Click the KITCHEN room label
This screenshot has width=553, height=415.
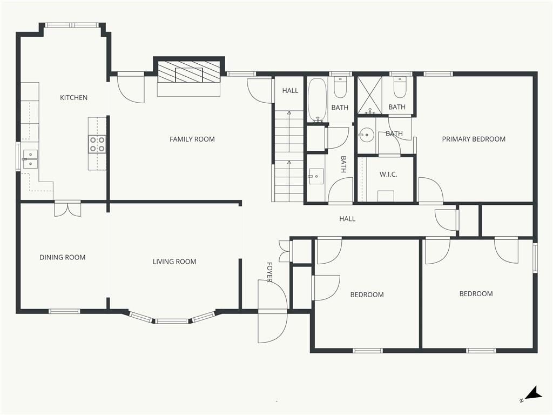[73, 98]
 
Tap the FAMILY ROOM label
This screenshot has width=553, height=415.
[192, 139]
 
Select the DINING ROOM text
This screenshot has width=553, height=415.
[63, 257]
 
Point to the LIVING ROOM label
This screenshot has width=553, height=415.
[174, 262]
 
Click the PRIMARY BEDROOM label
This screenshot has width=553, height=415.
[474, 139]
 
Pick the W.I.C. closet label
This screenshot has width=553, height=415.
[388, 174]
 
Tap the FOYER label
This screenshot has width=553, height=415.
[269, 272]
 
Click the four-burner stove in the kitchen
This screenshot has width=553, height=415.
[97, 144]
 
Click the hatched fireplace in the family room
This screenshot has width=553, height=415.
[189, 72]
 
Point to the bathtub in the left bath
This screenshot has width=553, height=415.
[316, 100]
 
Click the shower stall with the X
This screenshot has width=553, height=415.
[369, 95]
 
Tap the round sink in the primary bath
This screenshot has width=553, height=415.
[367, 133]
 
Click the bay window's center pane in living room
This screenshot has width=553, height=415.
[172, 321]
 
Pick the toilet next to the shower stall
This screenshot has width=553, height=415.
[400, 87]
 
